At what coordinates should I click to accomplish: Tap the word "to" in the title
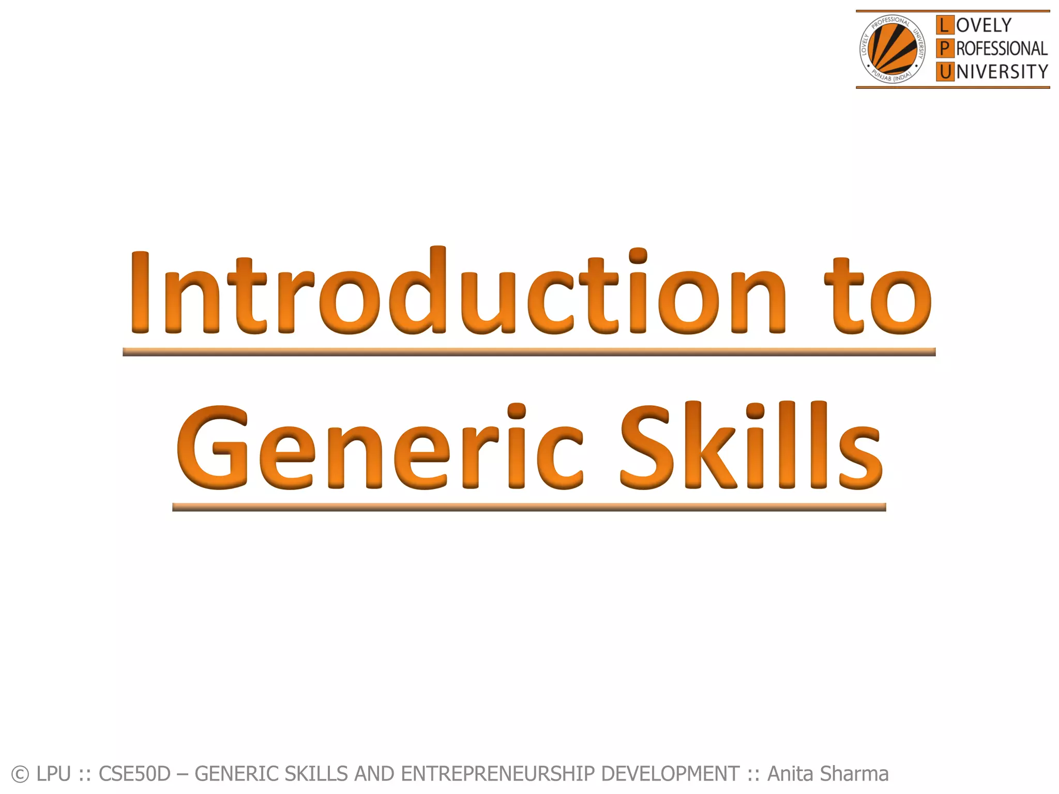(x=878, y=297)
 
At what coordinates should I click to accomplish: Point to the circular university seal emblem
(x=892, y=50)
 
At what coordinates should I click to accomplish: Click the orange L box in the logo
(x=945, y=25)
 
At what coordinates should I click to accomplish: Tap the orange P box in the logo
(x=945, y=49)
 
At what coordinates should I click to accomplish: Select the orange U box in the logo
(x=945, y=72)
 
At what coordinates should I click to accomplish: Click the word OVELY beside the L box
(x=984, y=25)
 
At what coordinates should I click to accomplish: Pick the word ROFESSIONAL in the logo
(x=1002, y=49)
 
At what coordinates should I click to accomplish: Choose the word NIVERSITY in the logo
(x=1002, y=72)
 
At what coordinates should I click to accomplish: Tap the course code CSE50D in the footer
(x=134, y=774)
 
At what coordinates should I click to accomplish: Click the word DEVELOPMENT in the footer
(x=670, y=774)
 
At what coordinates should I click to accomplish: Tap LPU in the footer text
(x=54, y=774)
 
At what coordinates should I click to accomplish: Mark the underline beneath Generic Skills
(x=528, y=507)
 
